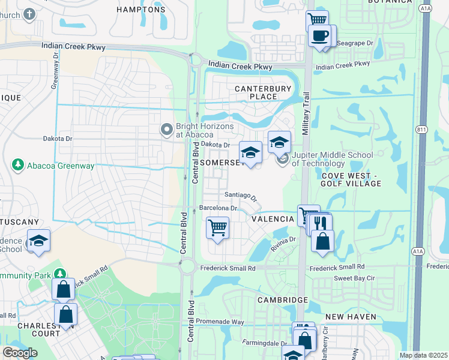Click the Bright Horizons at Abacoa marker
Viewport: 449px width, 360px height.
point(167,129)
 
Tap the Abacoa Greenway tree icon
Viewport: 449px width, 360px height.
point(18,164)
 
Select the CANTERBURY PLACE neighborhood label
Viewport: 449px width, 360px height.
point(262,92)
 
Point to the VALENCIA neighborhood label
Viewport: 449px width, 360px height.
point(273,219)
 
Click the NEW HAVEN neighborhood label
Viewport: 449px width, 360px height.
point(351,316)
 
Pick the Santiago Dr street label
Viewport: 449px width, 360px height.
point(241,196)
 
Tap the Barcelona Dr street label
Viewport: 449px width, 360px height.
point(218,208)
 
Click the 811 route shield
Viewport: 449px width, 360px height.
point(422,129)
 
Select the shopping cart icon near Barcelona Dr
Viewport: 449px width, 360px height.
point(217,227)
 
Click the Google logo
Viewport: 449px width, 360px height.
point(20,353)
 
